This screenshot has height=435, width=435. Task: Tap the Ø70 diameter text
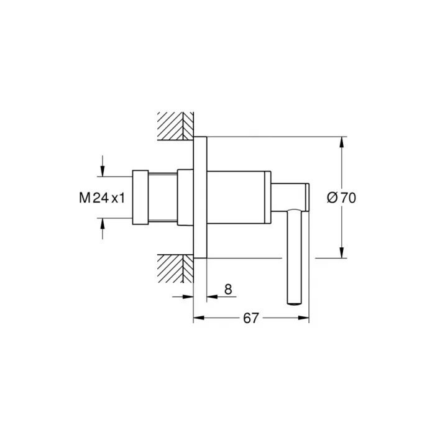point(341,198)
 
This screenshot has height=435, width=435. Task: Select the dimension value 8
point(227,288)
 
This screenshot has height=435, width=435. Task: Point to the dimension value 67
point(250,318)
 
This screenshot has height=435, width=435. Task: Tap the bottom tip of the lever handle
point(294,302)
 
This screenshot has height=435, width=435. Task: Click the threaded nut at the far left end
point(140,196)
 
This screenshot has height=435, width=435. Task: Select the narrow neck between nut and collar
point(163,196)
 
